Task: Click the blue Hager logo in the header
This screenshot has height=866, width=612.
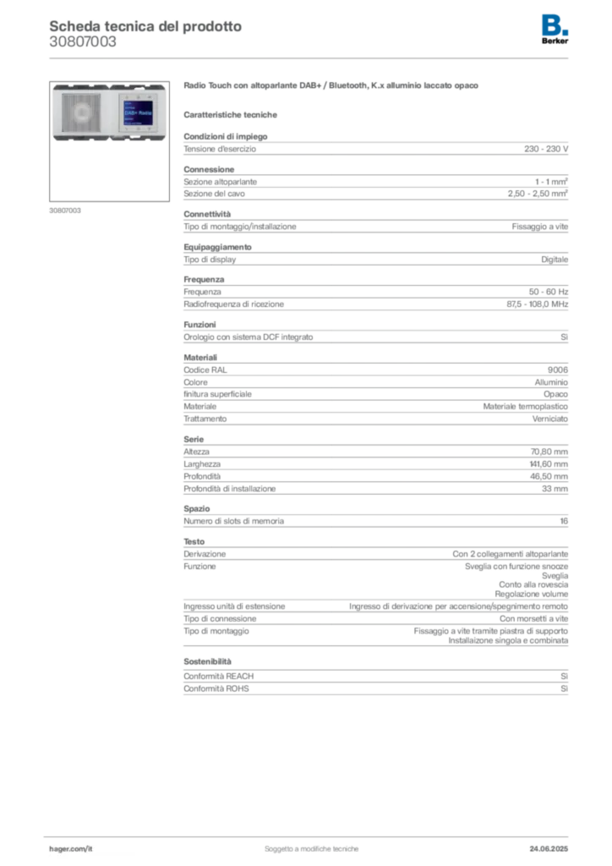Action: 556,24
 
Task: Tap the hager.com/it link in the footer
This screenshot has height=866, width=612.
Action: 70,847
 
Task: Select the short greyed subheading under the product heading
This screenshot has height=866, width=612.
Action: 233,114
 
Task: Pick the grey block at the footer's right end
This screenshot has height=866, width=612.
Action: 555,843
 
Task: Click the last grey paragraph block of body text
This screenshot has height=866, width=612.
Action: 375,677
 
